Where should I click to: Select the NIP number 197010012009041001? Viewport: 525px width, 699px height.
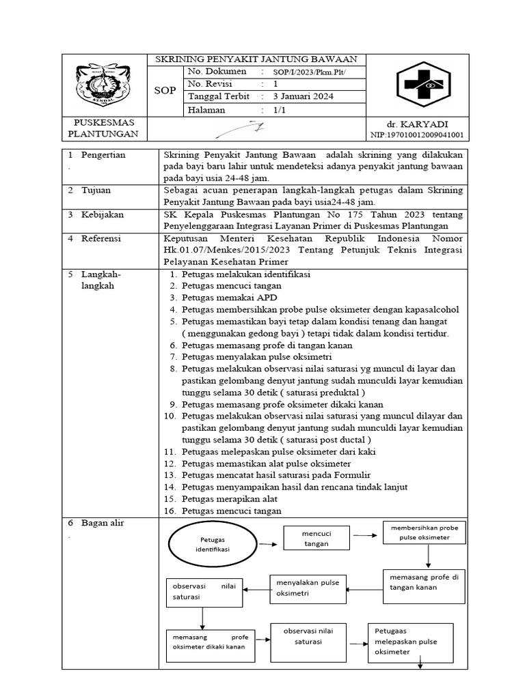tap(417, 135)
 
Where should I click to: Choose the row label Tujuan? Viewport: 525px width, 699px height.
tap(96, 190)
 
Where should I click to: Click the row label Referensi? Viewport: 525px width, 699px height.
tap(103, 239)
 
